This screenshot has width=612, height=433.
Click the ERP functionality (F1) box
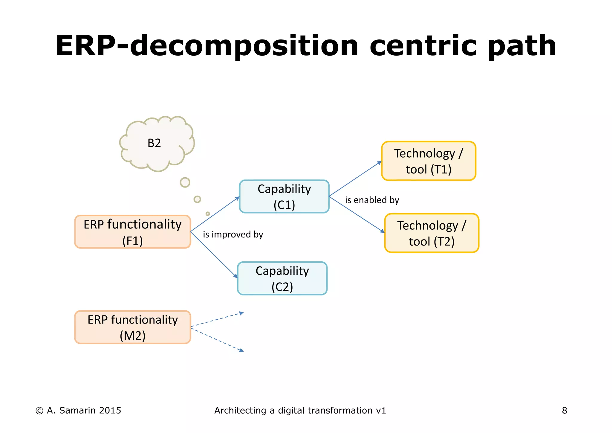tap(132, 232)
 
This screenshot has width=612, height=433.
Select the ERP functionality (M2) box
tap(132, 327)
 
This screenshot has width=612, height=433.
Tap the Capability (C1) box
tap(284, 196)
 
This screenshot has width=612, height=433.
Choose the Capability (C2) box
tap(282, 278)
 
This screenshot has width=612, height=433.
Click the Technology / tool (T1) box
tap(429, 161)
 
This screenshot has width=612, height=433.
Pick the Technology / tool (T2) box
tap(432, 233)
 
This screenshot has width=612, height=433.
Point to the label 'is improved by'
tap(233, 234)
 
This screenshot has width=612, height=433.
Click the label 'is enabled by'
tap(372, 200)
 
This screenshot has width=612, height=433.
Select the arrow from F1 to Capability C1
tap(215, 214)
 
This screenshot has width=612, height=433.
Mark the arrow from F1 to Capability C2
tap(214, 255)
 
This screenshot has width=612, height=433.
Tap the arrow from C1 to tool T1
tap(355, 179)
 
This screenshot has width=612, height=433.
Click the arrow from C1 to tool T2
tap(357, 214)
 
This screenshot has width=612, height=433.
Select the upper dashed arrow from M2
tap(217, 320)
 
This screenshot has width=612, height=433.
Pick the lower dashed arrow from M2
tap(217, 339)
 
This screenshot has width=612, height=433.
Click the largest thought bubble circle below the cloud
tap(185, 182)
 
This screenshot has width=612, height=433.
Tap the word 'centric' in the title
tap(423, 46)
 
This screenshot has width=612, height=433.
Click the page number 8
tap(564, 411)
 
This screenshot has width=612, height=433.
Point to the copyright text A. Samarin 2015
tap(78, 411)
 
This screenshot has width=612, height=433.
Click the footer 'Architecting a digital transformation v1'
tap(300, 411)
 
